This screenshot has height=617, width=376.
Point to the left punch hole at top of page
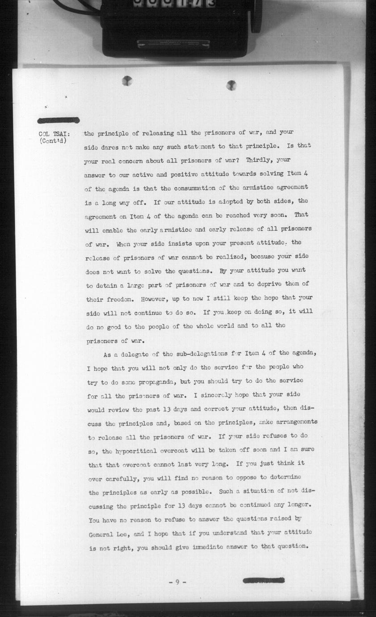point(127,80)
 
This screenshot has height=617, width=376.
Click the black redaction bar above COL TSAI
point(59,120)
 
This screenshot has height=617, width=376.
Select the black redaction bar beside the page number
point(264,581)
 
